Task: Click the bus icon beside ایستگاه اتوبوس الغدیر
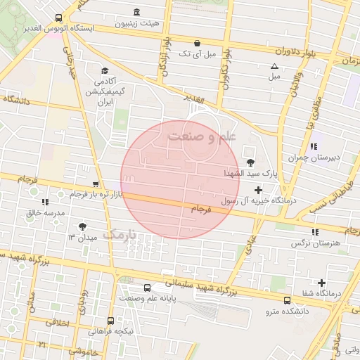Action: click(x=58, y=18)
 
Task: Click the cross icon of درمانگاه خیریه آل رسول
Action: click(x=258, y=190)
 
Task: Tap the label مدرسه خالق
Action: click(x=46, y=212)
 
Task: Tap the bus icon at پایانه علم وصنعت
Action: click(x=147, y=288)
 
